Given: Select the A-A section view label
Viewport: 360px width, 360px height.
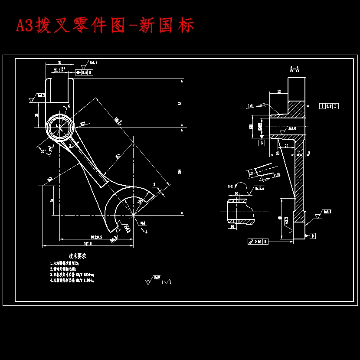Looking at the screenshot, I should coord(295,69).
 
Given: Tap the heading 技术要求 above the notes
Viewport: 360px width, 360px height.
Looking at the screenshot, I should coord(77,256).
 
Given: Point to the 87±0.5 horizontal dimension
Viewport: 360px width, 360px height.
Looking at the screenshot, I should coord(96,237).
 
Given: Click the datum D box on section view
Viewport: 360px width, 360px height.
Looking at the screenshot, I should coord(313,236).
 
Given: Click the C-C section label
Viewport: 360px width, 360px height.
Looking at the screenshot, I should coord(231,187).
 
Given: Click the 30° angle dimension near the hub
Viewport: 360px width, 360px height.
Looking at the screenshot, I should coord(43,151).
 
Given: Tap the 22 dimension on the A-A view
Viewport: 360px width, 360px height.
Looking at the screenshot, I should coord(279,92).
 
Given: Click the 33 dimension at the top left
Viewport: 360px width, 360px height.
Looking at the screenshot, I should coord(59,62).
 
